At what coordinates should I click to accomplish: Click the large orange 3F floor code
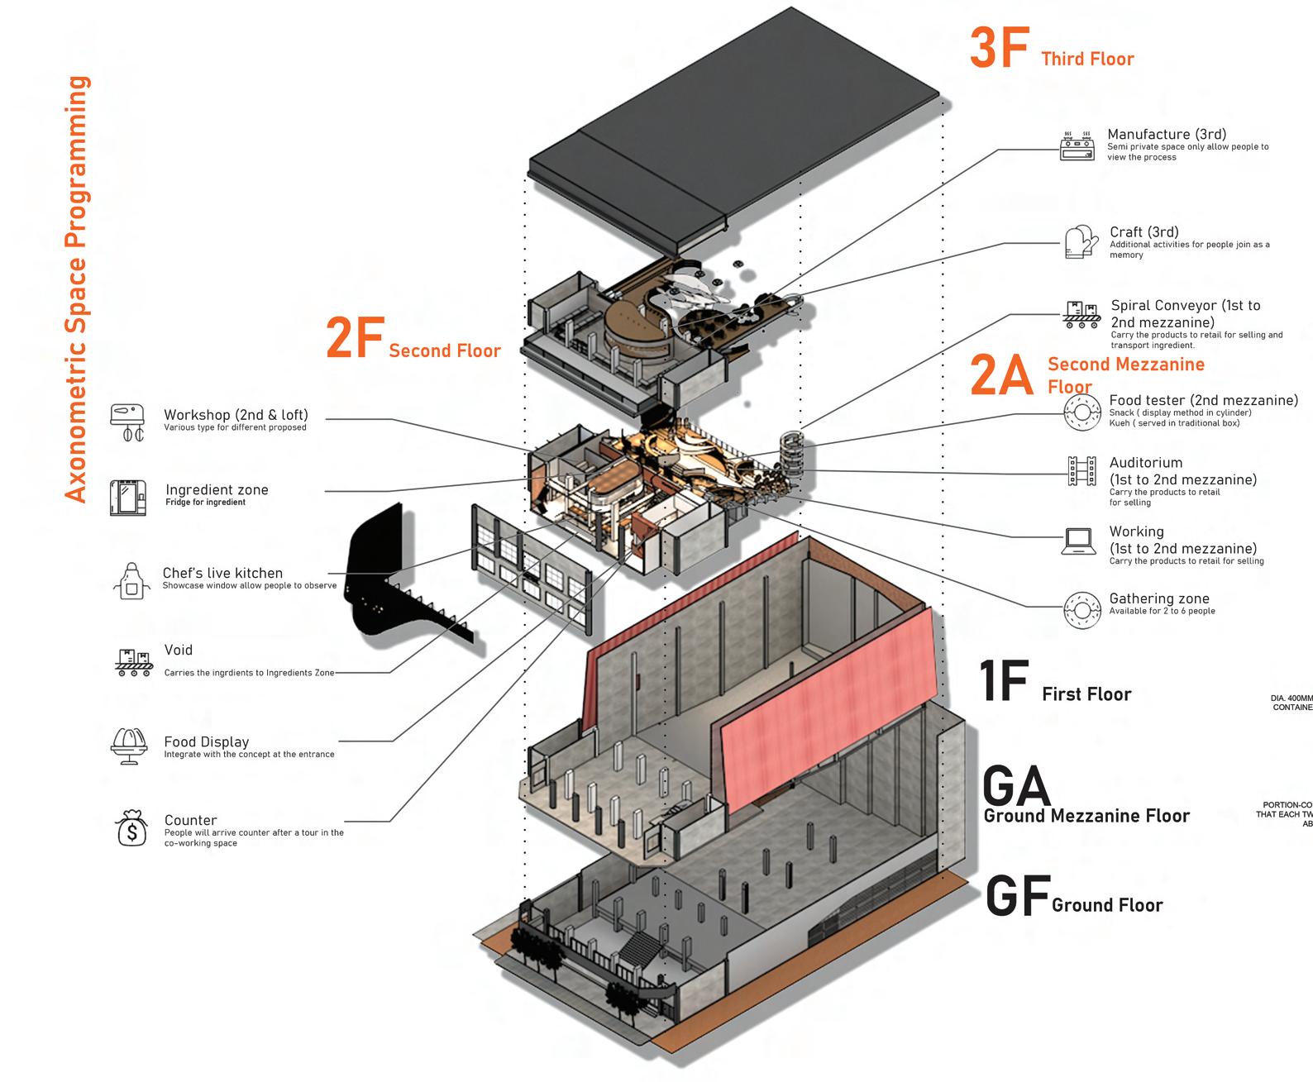point(999,48)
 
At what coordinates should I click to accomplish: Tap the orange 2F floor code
point(356,339)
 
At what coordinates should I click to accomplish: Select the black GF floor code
point(1017,898)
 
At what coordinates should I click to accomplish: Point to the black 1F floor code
point(1003,681)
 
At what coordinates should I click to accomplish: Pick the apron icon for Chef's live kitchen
point(131,579)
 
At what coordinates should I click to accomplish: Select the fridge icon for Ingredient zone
point(128,497)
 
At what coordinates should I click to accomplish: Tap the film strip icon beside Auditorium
point(1081,470)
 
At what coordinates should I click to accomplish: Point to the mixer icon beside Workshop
point(127,422)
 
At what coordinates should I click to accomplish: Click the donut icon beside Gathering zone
point(1080,608)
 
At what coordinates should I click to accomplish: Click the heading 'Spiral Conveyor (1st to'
point(1186,306)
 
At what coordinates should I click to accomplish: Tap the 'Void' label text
point(178,651)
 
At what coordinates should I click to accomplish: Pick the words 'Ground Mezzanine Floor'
point(1086,816)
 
